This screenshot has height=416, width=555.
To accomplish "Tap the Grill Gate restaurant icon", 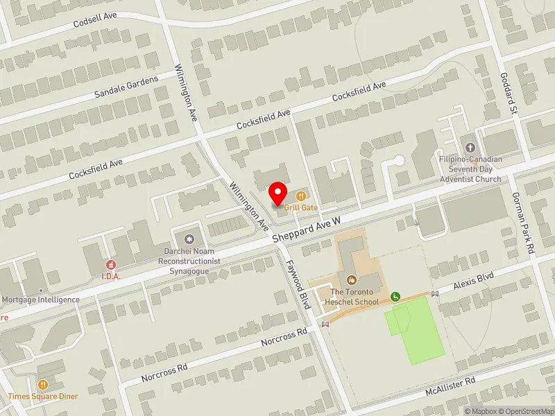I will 300,196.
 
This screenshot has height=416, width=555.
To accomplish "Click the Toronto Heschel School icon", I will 352,280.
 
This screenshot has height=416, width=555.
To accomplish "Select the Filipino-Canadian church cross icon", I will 470,148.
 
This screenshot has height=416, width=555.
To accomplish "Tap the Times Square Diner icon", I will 43,385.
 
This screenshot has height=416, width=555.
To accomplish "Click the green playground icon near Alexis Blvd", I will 395,297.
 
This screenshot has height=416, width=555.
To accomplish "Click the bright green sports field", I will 416,331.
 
